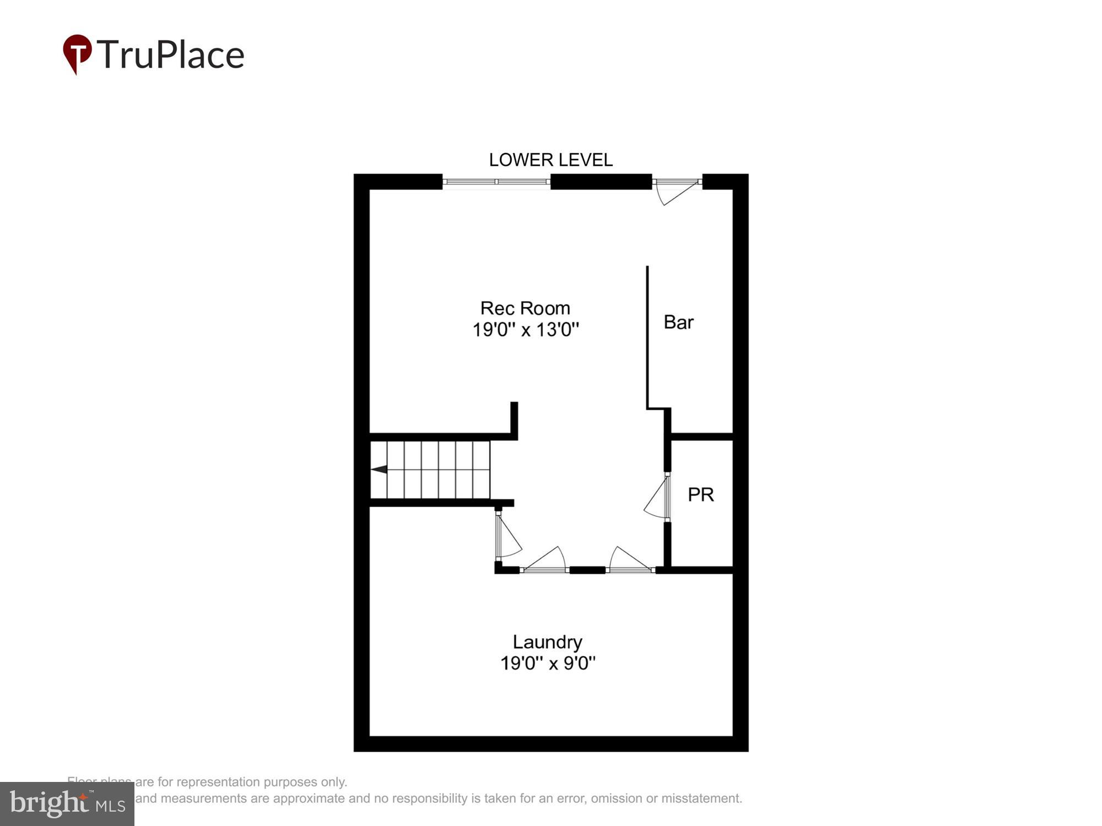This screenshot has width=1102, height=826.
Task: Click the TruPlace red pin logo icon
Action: pyautogui.click(x=77, y=52)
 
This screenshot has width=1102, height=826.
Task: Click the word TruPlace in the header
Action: pyautogui.click(x=171, y=55)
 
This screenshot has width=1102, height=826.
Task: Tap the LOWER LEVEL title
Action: pyautogui.click(x=550, y=160)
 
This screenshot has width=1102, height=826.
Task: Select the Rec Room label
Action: pyautogui.click(x=525, y=308)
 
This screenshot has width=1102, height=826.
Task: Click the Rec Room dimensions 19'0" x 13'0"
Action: pyautogui.click(x=526, y=330)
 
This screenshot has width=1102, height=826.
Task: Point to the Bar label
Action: pyautogui.click(x=678, y=322)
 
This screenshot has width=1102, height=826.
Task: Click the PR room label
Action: pyautogui.click(x=700, y=494)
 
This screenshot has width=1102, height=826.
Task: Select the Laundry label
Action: pyautogui.click(x=547, y=642)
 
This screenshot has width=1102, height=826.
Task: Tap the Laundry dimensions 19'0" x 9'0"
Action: pyautogui.click(x=548, y=663)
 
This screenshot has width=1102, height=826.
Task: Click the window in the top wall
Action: pyautogui.click(x=496, y=182)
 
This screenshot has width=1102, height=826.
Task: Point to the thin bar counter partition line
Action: pyautogui.click(x=647, y=336)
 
